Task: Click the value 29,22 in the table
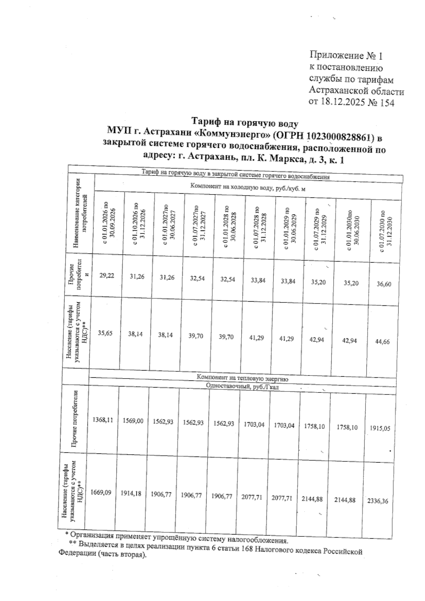pyautogui.click(x=107, y=276)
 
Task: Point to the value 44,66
pyautogui.click(x=382, y=342)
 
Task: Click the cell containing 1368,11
pyautogui.click(x=103, y=420)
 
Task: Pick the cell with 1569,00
pyautogui.click(x=133, y=421)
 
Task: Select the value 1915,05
pyautogui.click(x=380, y=428)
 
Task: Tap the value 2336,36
pyautogui.click(x=378, y=501)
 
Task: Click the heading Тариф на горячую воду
pyautogui.click(x=245, y=123)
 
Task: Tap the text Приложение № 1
pyautogui.click(x=346, y=56)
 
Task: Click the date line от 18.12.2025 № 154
pyautogui.click(x=351, y=102)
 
